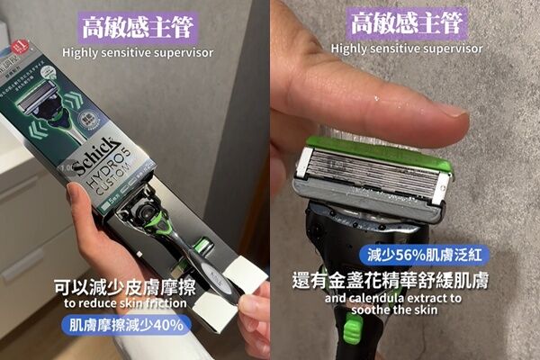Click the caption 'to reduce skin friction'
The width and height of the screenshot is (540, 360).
126,302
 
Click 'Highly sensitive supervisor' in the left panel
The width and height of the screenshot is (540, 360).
137,52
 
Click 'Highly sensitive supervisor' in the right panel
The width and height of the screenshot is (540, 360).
406,49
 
